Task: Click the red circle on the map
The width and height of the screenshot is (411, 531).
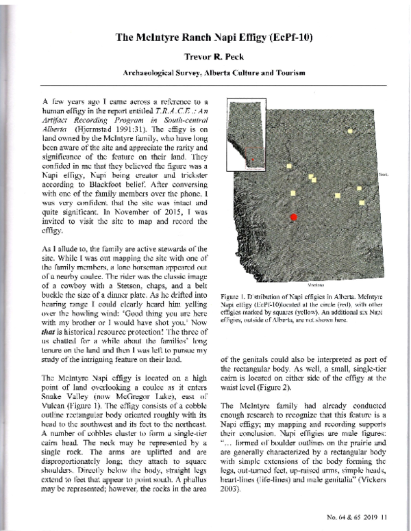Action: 295,216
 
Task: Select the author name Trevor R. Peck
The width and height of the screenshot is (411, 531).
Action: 205,58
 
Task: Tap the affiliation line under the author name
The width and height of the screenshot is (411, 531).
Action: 205,73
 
